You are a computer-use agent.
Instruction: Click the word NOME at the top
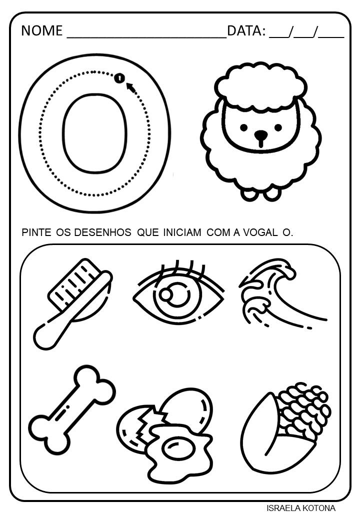[x=42, y=30]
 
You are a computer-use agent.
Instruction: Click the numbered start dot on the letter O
[x=119, y=78]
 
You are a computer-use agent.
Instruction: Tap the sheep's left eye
[x=243, y=127]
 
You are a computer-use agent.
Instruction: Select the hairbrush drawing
[x=73, y=303]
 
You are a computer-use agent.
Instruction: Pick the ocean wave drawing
[x=283, y=293]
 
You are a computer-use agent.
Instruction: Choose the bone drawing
[x=72, y=410]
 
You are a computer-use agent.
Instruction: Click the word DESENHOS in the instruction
[x=102, y=232]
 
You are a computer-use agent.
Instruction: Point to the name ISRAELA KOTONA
[x=301, y=508]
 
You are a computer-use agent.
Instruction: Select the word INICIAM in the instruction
[x=182, y=232]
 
